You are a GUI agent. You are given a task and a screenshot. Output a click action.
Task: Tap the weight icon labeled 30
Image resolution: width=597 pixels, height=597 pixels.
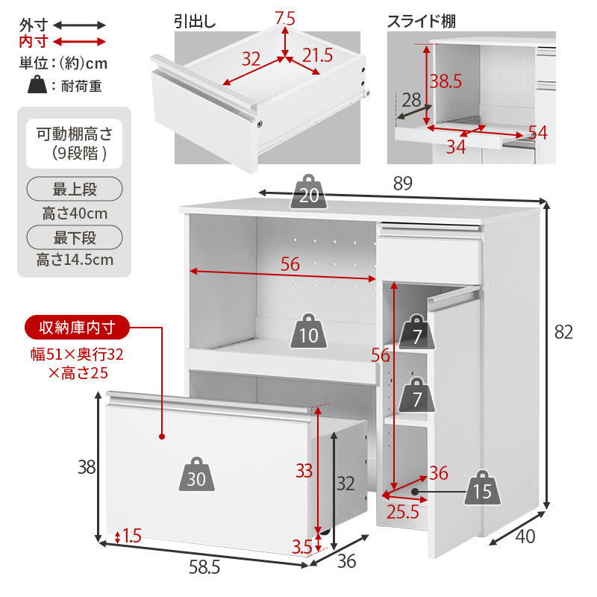196,475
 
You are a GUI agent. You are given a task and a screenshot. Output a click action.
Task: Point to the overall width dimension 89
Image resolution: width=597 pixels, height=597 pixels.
402,183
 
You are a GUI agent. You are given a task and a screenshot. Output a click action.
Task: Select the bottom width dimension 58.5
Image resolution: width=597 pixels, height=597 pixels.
204,568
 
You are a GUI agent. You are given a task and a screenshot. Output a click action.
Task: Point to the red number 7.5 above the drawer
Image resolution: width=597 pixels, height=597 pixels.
284,17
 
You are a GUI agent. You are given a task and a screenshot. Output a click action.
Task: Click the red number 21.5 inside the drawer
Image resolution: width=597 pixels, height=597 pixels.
318,54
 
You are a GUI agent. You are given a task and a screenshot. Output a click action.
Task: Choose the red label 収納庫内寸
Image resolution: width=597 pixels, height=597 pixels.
76,327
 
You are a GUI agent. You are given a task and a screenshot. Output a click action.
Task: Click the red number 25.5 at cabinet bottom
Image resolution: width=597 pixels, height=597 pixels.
402,511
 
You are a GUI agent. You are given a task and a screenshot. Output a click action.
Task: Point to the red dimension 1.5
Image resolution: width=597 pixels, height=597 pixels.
131,536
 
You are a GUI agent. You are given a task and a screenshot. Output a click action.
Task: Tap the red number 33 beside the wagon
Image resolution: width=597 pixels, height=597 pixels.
304,471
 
